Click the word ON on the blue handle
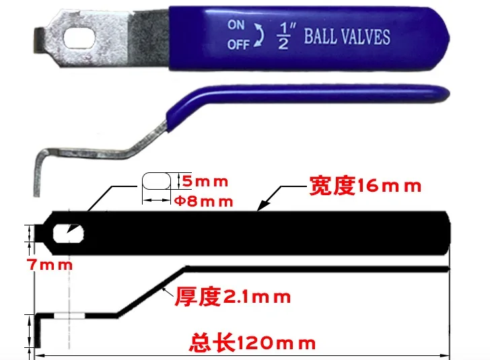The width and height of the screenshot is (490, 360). [236, 25]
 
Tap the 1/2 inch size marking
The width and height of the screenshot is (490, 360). [283, 36]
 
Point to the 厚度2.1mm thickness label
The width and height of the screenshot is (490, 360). [233, 296]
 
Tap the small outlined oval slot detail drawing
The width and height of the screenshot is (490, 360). [157, 182]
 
